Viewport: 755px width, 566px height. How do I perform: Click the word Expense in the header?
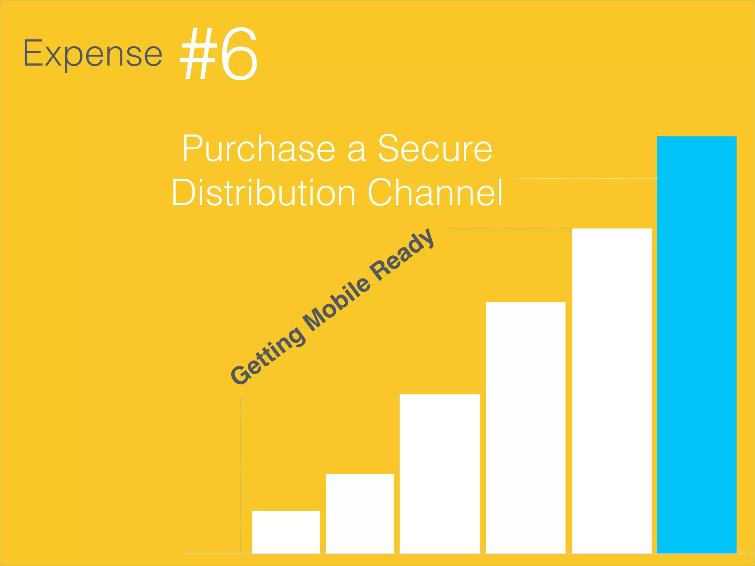[93, 54]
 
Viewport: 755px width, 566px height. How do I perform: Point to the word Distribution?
[264, 192]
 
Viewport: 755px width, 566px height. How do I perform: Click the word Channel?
[435, 192]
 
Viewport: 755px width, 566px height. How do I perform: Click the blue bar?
[696, 345]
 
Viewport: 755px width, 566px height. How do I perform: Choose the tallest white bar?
[612, 391]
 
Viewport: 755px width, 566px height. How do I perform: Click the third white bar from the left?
[439, 474]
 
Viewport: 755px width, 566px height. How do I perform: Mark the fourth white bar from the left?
[525, 427]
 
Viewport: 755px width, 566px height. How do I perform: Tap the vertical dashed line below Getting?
[241, 475]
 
